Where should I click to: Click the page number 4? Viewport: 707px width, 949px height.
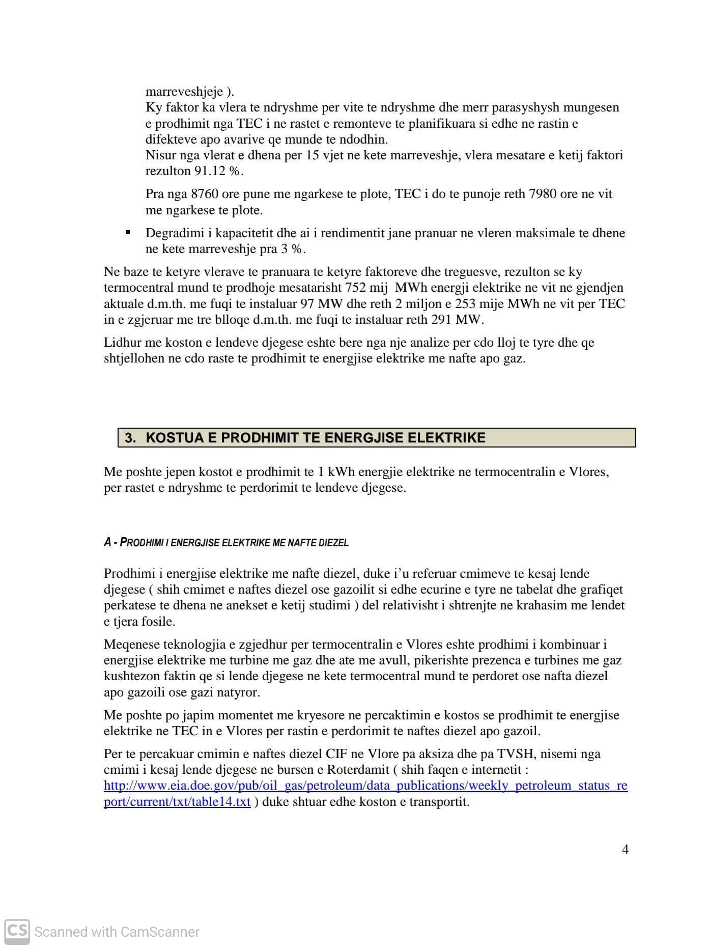click(625, 849)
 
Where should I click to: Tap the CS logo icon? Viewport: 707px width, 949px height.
click(17, 931)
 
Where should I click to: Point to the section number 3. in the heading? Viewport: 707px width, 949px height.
click(131, 437)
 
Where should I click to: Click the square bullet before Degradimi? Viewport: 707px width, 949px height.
click(128, 233)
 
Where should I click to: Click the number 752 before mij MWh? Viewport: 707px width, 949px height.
click(356, 288)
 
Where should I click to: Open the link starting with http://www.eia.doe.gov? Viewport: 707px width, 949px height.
click(365, 786)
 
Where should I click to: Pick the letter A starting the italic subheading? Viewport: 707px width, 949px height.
click(107, 542)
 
